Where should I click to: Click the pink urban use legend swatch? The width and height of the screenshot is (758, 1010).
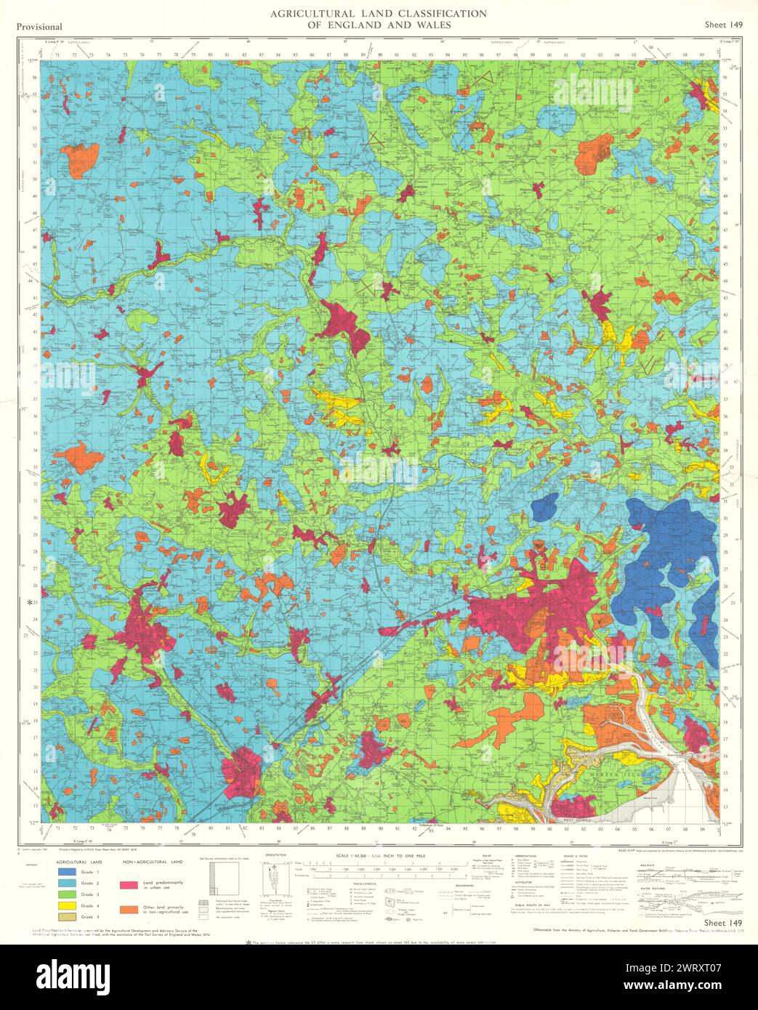tap(129, 885)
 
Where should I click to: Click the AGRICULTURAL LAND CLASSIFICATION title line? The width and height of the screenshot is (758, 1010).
tap(378, 13)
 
